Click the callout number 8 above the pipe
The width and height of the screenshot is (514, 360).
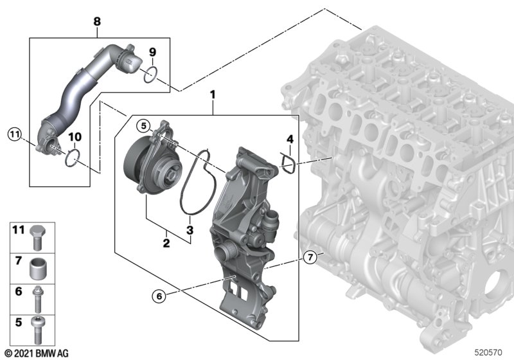[x=97, y=22]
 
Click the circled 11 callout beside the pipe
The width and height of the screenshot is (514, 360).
[x=15, y=134]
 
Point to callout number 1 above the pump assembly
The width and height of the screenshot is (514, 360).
[x=213, y=94]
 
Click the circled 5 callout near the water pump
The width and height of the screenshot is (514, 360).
[x=143, y=125]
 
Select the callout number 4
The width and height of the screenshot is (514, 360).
[x=290, y=139]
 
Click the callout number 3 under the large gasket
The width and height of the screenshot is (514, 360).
[x=190, y=230]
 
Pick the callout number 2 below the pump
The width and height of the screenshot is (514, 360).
[x=166, y=243]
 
